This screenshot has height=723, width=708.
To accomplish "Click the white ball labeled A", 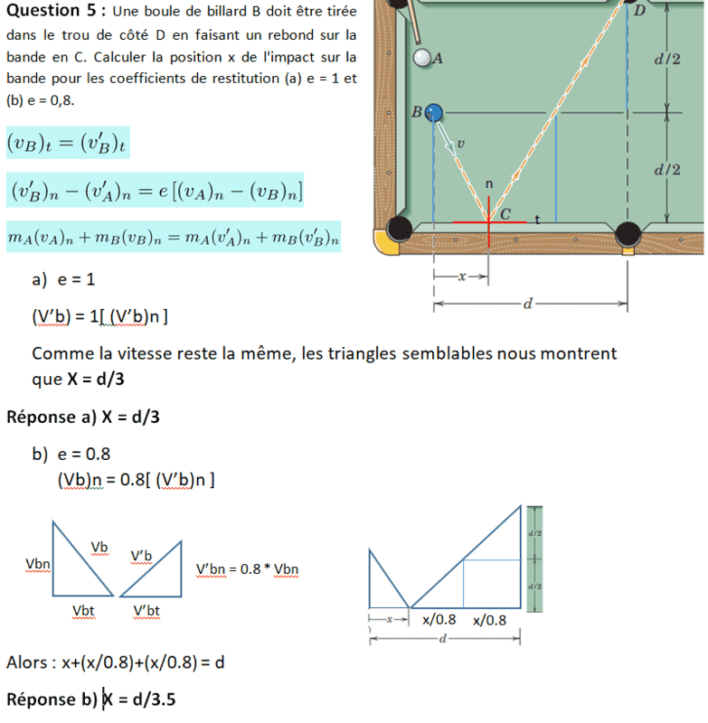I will [421, 58].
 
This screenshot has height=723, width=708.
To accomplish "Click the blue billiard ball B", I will [433, 112].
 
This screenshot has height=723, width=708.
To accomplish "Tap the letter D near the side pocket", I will [639, 12].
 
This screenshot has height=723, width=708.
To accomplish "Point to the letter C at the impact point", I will [505, 214].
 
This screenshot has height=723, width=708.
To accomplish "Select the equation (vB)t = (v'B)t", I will [67, 143].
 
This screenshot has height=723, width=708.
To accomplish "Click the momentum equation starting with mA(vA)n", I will [173, 237].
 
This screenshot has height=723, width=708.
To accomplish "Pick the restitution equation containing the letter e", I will [155, 190].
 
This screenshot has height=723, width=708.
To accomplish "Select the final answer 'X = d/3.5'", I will [138, 699].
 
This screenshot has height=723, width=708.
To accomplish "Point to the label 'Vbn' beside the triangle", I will [37, 564].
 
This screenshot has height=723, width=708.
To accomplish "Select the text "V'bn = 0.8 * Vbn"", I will [247, 569].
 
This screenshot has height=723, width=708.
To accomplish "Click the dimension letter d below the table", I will [531, 305].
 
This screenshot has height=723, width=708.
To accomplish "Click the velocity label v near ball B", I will [460, 143].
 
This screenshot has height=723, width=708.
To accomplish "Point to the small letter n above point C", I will [489, 183].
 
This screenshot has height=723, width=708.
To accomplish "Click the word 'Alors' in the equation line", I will [27, 662].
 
